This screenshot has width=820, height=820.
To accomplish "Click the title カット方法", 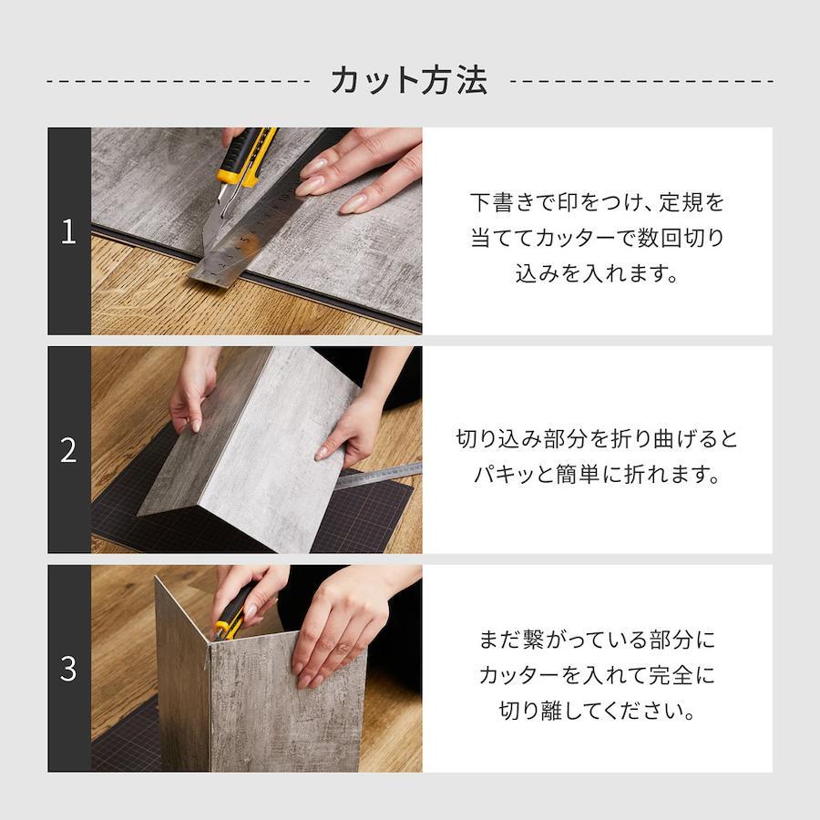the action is coord(409,80).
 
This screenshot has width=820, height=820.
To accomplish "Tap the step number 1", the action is coord(68,231).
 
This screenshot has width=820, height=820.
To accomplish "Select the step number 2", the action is coord(68,450).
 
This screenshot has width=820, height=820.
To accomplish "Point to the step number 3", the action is coord(68,669).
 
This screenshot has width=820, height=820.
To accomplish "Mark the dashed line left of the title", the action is coord(178,82).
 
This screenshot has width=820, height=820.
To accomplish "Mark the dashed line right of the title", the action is coord(641,82).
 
